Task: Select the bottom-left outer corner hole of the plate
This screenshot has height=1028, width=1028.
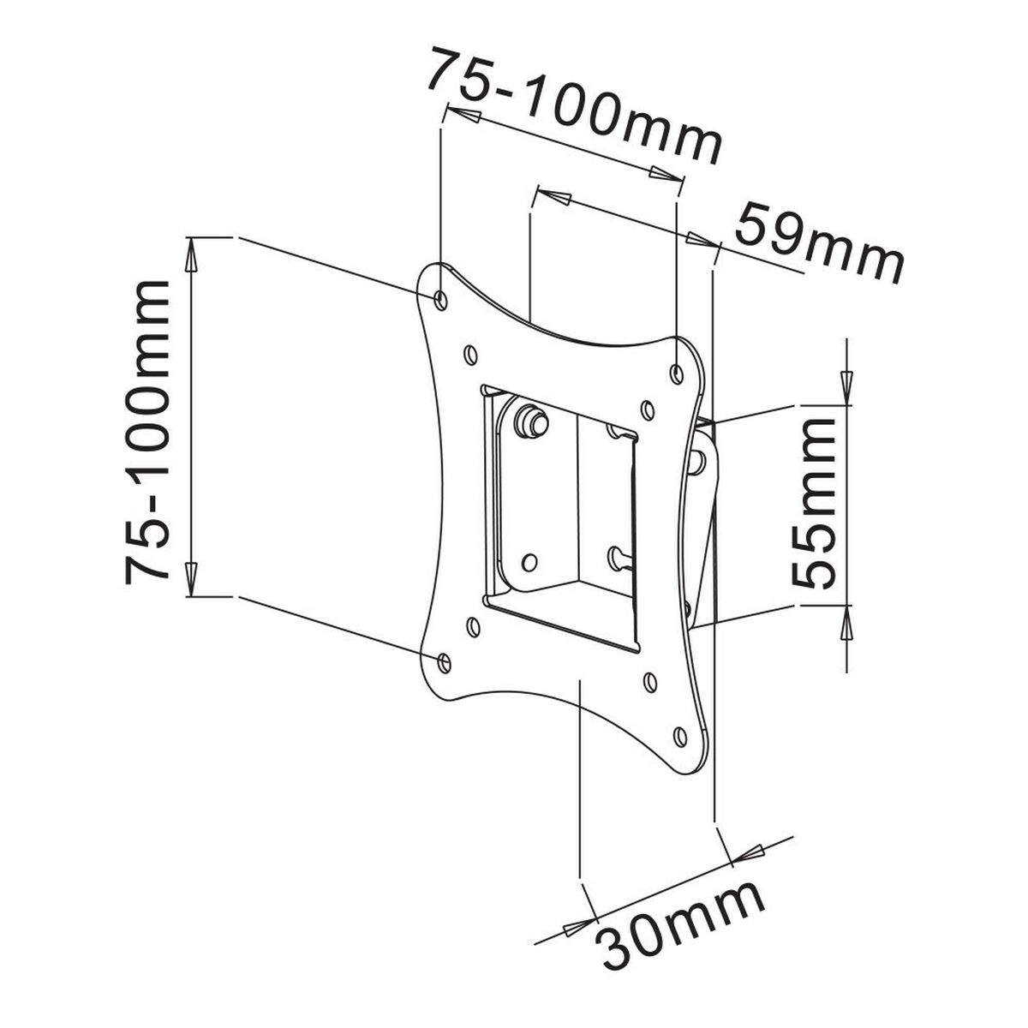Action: click(444, 660)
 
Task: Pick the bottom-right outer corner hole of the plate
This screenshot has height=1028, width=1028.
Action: click(680, 736)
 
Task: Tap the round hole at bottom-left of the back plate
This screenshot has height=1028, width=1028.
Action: click(529, 562)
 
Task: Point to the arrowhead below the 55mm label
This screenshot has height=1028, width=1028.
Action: click(846, 623)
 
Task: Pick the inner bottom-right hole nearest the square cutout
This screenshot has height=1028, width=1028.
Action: click(648, 683)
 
